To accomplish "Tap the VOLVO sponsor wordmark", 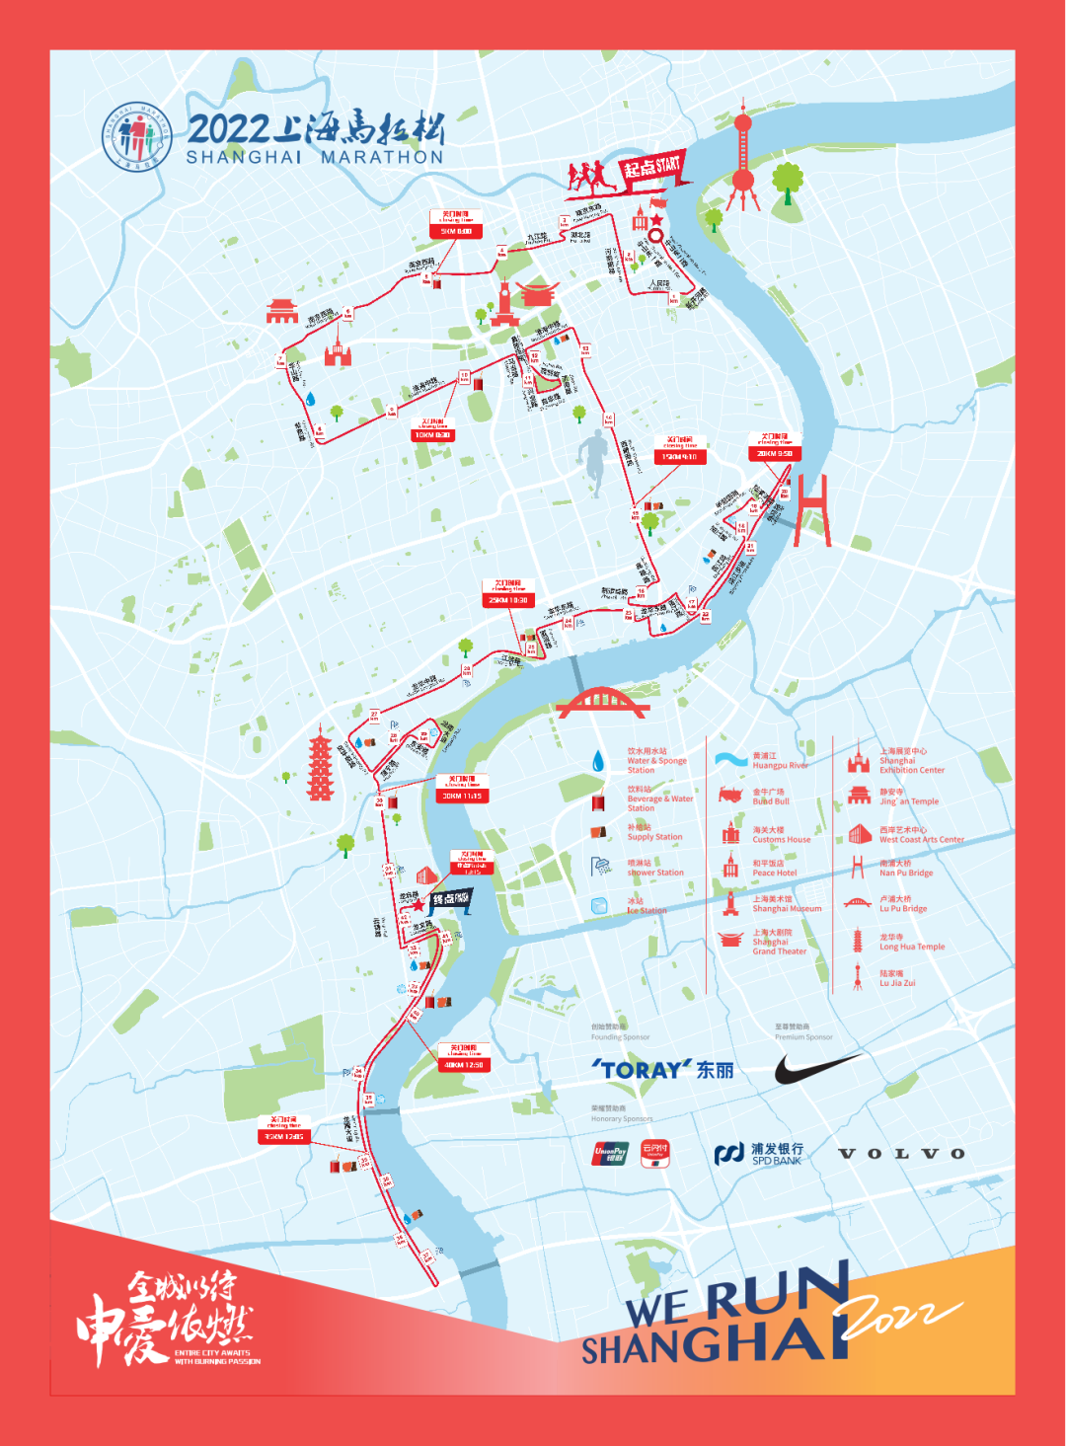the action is tap(901, 1153).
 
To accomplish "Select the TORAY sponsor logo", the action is tap(662, 1070).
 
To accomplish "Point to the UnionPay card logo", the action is tap(611, 1153).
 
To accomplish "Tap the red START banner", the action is tap(652, 168).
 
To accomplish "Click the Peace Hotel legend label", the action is tap(774, 868).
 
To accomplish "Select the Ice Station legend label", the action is tap(647, 906).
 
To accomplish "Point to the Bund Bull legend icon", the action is tap(730, 796).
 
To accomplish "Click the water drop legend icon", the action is tap(598, 761).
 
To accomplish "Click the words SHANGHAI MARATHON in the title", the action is tap(315, 157).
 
